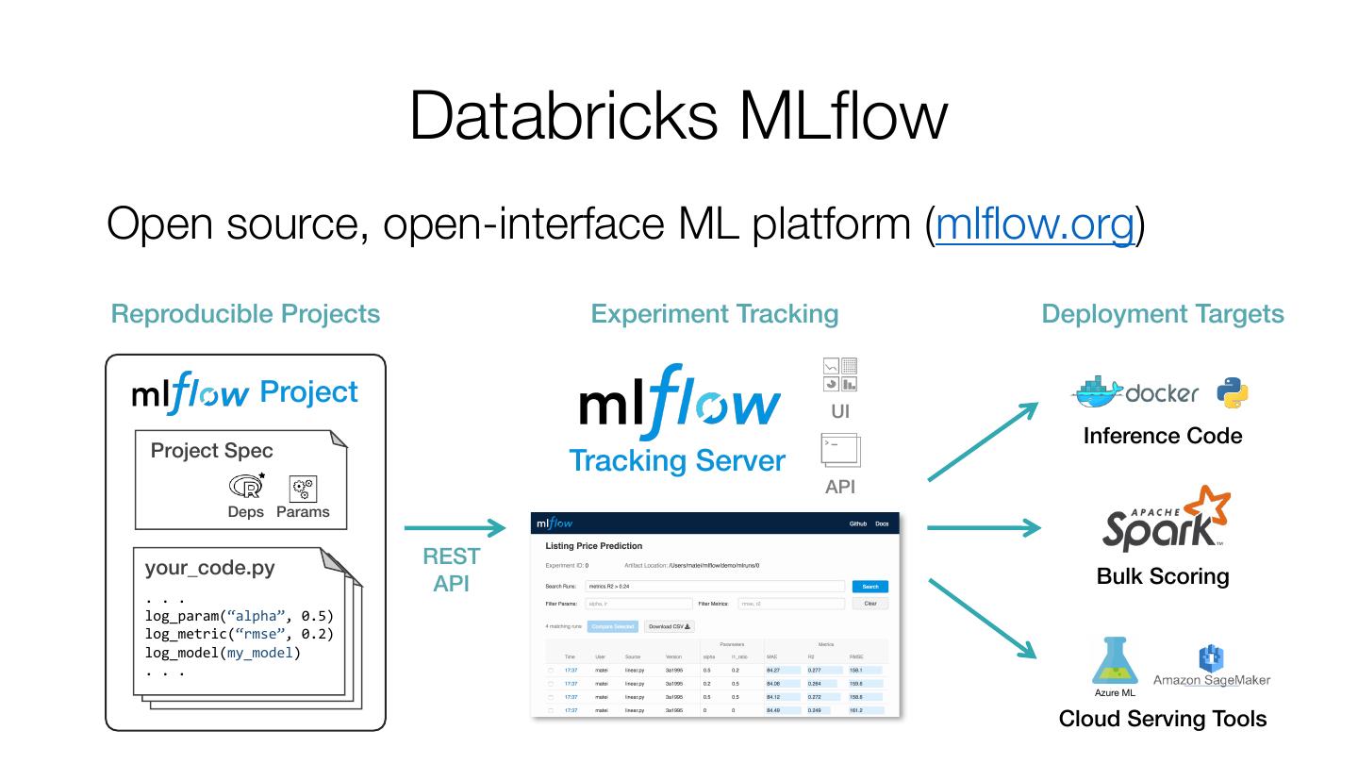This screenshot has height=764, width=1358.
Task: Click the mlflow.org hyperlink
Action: click(x=1035, y=224)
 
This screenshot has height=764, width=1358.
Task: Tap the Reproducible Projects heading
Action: click(x=245, y=314)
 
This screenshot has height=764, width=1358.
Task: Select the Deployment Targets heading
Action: click(x=1162, y=314)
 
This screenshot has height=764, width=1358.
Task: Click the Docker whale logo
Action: click(x=1098, y=391)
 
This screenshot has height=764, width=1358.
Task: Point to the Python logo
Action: click(x=1233, y=392)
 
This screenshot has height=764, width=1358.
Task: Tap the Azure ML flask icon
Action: click(x=1115, y=661)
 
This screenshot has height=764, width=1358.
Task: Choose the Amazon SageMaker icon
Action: click(x=1211, y=659)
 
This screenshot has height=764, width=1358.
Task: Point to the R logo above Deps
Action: click(x=246, y=486)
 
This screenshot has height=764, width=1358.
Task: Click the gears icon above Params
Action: click(x=303, y=488)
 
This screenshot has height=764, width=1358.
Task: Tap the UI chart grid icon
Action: click(x=839, y=374)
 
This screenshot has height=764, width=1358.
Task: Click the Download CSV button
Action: click(x=670, y=626)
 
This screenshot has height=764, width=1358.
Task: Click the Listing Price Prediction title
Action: click(x=594, y=546)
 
